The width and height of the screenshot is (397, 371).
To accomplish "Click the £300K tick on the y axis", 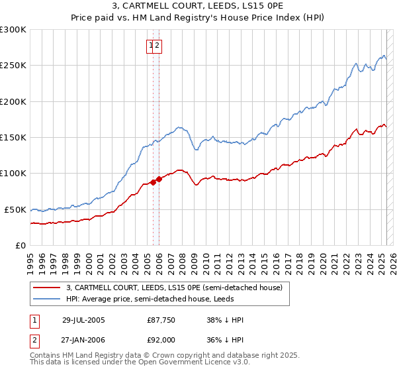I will tap(13, 30).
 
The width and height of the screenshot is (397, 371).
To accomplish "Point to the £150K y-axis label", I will tap(13, 137).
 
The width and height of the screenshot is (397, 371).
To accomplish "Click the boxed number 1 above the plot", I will tap(152, 46).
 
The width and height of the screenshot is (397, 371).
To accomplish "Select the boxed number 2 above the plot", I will tap(158, 46).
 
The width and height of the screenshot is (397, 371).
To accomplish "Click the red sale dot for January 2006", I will tap(159, 179).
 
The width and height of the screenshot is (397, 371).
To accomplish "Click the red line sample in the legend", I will tap(47, 288).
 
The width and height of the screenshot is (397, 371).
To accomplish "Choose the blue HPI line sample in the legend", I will tap(47, 299).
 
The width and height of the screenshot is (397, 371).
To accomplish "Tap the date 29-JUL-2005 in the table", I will tap(83, 320).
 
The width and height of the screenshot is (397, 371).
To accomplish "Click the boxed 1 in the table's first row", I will tap(34, 320).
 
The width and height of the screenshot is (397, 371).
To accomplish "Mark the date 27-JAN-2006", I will tap(83, 339).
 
